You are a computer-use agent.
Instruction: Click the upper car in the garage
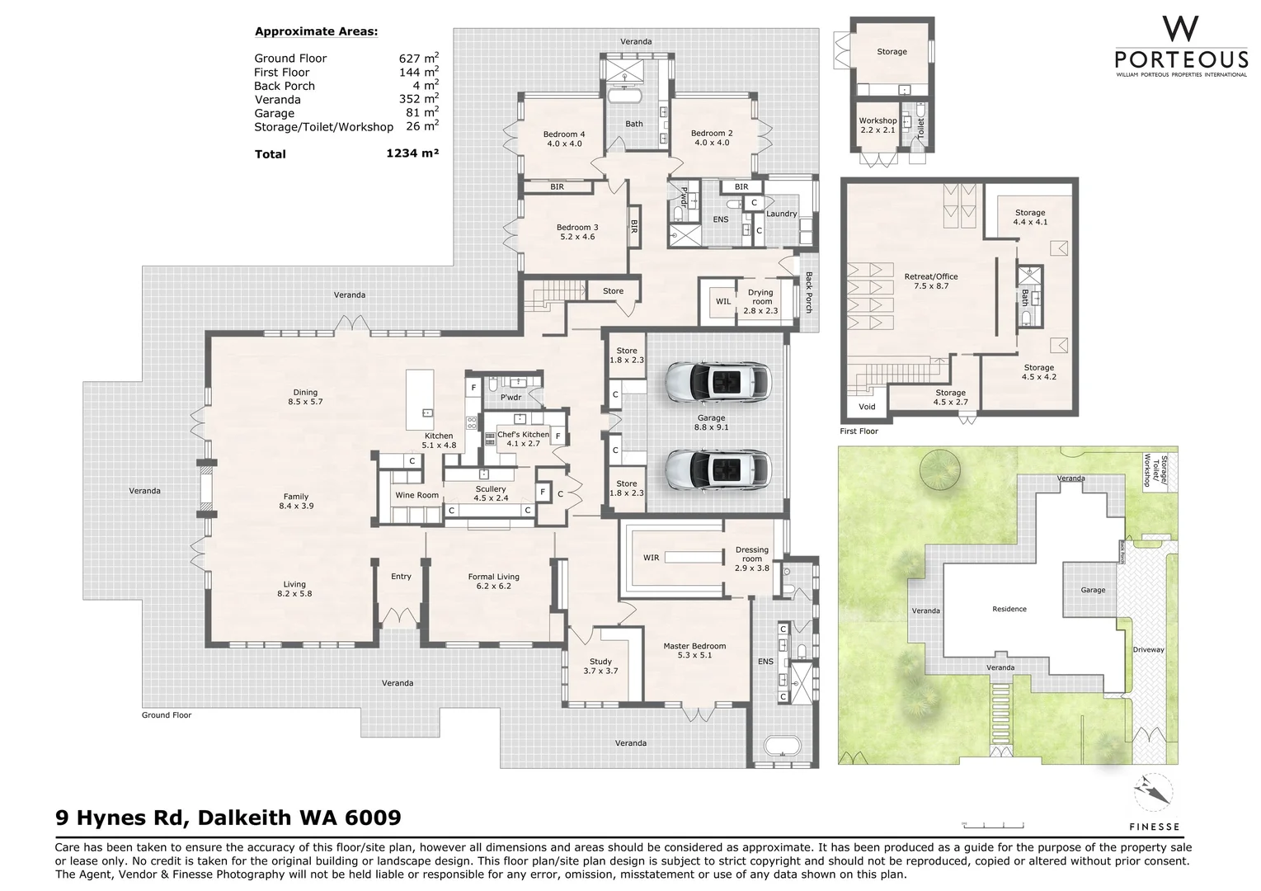tap(718, 381)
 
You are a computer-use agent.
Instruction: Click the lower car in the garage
tap(718, 469)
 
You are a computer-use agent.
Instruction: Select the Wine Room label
tap(416, 495)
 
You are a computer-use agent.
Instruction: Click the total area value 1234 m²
tap(412, 153)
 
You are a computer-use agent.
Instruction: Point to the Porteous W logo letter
tap(1180, 31)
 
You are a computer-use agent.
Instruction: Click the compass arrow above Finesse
tap(1153, 792)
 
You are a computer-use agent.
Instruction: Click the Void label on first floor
tap(867, 407)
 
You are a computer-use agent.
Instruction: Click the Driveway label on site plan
tap(1148, 649)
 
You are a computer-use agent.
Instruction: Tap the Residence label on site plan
tap(1009, 609)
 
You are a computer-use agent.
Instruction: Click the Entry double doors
tap(402, 616)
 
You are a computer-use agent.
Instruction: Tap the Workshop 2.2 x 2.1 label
tap(877, 125)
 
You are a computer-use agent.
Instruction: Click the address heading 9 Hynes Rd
tap(228, 818)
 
